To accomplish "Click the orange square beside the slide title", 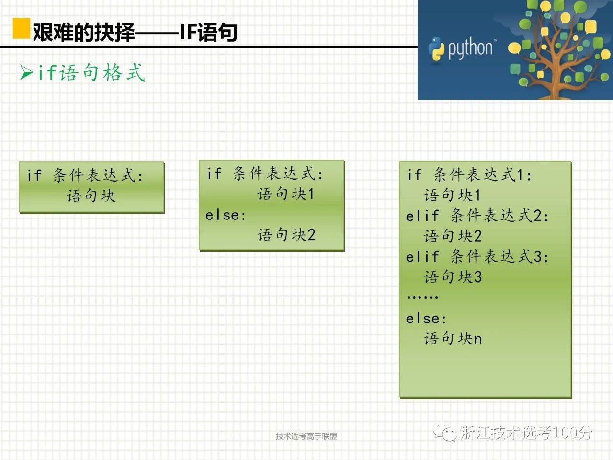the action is [x=22, y=28].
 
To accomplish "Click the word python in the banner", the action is [x=470, y=48].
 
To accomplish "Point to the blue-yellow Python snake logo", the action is [x=436, y=49].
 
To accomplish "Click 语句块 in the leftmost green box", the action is [x=91, y=195].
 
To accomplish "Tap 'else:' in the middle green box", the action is [x=226, y=215].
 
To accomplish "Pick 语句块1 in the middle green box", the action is [x=286, y=194].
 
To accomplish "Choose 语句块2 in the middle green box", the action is [x=286, y=234].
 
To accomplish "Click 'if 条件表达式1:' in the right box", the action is [x=469, y=175].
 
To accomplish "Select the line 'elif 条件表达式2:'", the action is [x=477, y=216].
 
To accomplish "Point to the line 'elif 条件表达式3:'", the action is [x=477, y=256].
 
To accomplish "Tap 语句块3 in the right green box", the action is [x=453, y=277].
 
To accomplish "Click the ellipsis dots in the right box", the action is [x=422, y=297].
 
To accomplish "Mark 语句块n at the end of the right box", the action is [x=453, y=338].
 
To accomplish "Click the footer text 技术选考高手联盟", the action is [x=306, y=436].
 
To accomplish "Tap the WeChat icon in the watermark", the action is [x=444, y=432].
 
